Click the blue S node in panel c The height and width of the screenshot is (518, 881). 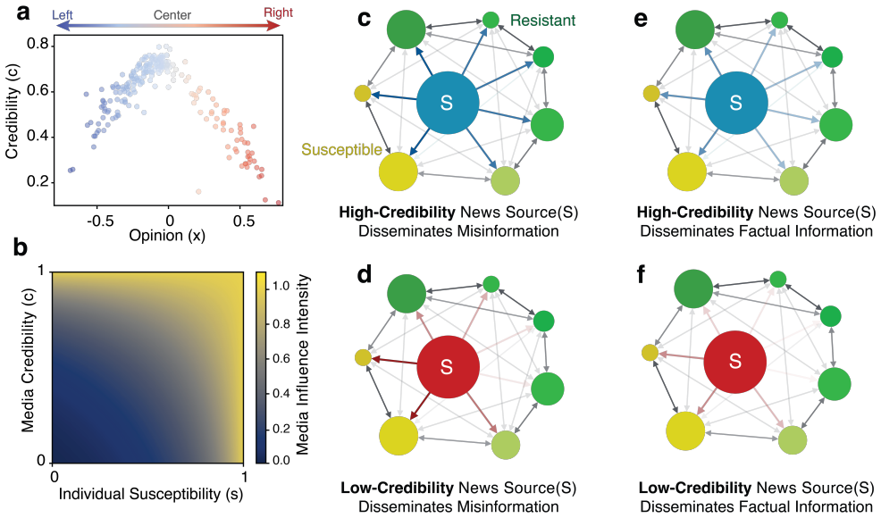(x=448, y=103)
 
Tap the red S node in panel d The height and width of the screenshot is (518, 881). (x=448, y=367)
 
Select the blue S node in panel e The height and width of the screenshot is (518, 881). (x=736, y=103)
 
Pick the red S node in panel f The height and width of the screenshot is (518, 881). (x=735, y=362)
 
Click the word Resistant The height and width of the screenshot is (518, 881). (x=542, y=21)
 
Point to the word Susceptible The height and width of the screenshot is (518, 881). (x=341, y=149)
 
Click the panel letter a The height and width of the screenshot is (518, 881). (x=23, y=13)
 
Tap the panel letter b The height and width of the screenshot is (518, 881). (x=21, y=247)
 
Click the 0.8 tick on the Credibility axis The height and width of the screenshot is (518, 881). (x=38, y=46)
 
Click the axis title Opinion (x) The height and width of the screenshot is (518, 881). (x=167, y=236)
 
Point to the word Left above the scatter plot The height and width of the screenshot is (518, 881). (x=63, y=14)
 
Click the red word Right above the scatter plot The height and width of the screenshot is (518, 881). (x=279, y=13)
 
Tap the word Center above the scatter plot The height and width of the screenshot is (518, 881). (x=172, y=14)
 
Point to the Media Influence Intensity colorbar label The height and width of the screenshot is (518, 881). (x=302, y=364)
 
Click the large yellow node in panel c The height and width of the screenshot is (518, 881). (x=399, y=171)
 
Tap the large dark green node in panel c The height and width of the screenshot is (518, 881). (x=407, y=29)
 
